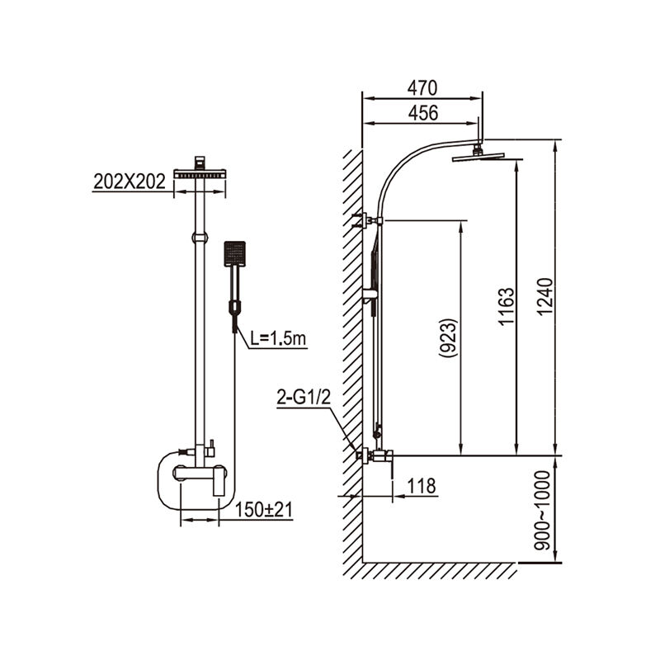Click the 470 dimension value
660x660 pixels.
[x=422, y=88]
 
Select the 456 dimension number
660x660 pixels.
[x=423, y=113]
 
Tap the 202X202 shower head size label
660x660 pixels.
[x=130, y=181]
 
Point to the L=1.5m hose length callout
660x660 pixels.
[x=278, y=338]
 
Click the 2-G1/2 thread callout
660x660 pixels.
[x=304, y=397]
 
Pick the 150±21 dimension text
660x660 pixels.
[x=263, y=510]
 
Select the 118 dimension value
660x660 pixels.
[x=422, y=486]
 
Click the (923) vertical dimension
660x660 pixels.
[x=448, y=338]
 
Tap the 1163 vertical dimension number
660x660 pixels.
[x=506, y=306]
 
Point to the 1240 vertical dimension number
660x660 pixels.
[x=545, y=296]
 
